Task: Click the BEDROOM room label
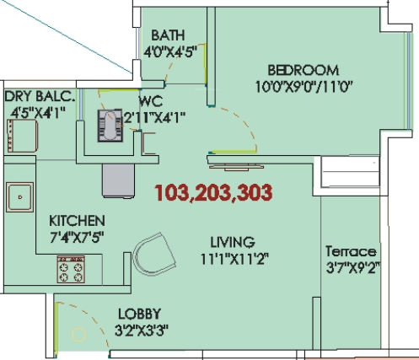[303, 70]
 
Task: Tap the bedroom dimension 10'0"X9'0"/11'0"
[303, 85]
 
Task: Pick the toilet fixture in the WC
[110, 126]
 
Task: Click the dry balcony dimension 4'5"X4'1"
[38, 111]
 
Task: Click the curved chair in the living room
[154, 254]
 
